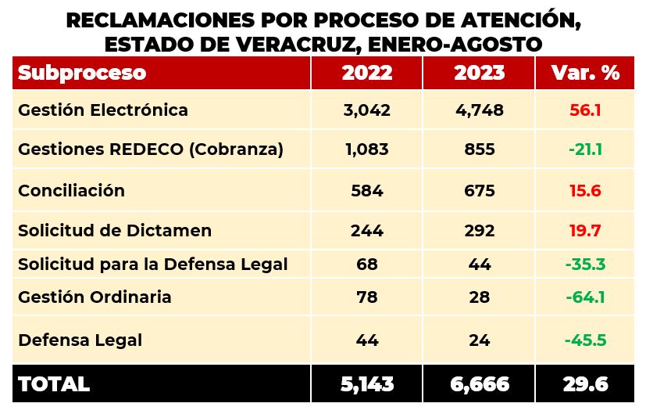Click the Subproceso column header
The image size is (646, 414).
[82, 73]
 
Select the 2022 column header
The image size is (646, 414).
[366, 73]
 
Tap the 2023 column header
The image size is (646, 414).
[479, 73]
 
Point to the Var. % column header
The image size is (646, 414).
[585, 73]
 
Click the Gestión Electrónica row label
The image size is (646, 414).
[103, 110]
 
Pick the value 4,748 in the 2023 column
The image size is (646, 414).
[479, 110]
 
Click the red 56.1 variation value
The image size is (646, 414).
[585, 110]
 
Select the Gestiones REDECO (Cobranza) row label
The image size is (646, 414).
[150, 149]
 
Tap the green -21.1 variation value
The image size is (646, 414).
[584, 149]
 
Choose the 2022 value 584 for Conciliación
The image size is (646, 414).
[366, 190]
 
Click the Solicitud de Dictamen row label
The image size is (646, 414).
[115, 231]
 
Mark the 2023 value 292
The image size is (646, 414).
[479, 231]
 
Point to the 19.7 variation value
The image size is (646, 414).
[585, 231]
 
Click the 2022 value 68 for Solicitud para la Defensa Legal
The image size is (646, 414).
[366, 265]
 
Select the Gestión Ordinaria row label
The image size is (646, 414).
[95, 297]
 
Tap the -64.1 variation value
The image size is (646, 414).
[584, 297]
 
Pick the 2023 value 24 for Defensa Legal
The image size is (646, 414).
[479, 340]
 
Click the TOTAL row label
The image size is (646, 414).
[54, 384]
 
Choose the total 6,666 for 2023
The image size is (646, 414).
[479, 384]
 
